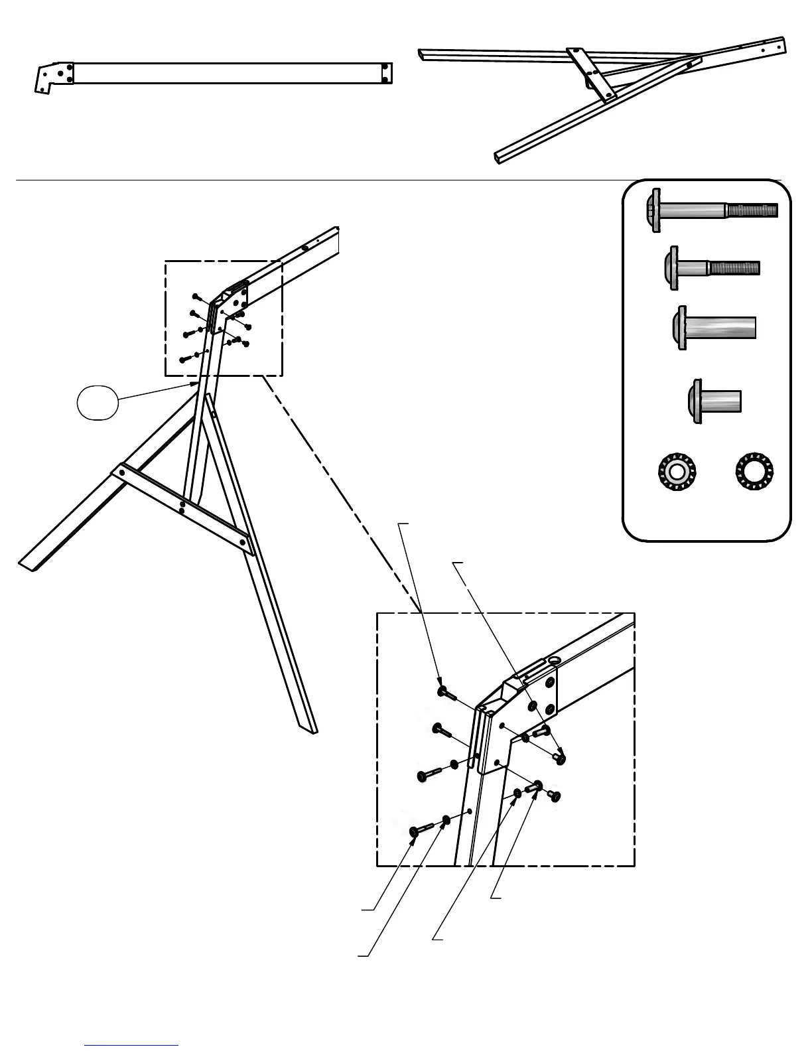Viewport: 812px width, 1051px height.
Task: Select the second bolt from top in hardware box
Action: (711, 268)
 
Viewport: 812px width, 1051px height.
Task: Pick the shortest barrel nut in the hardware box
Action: (714, 401)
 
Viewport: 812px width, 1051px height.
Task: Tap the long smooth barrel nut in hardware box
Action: (714, 328)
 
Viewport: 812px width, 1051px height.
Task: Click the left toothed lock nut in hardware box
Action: (676, 472)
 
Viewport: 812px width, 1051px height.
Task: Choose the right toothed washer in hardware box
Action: (754, 472)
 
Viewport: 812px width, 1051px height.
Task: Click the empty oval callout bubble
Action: (98, 404)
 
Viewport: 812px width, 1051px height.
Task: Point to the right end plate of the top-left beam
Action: (387, 73)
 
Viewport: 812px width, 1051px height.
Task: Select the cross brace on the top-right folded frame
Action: (592, 73)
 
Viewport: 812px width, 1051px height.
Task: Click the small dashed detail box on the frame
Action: (224, 318)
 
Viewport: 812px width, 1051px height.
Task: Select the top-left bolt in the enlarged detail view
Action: (446, 693)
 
